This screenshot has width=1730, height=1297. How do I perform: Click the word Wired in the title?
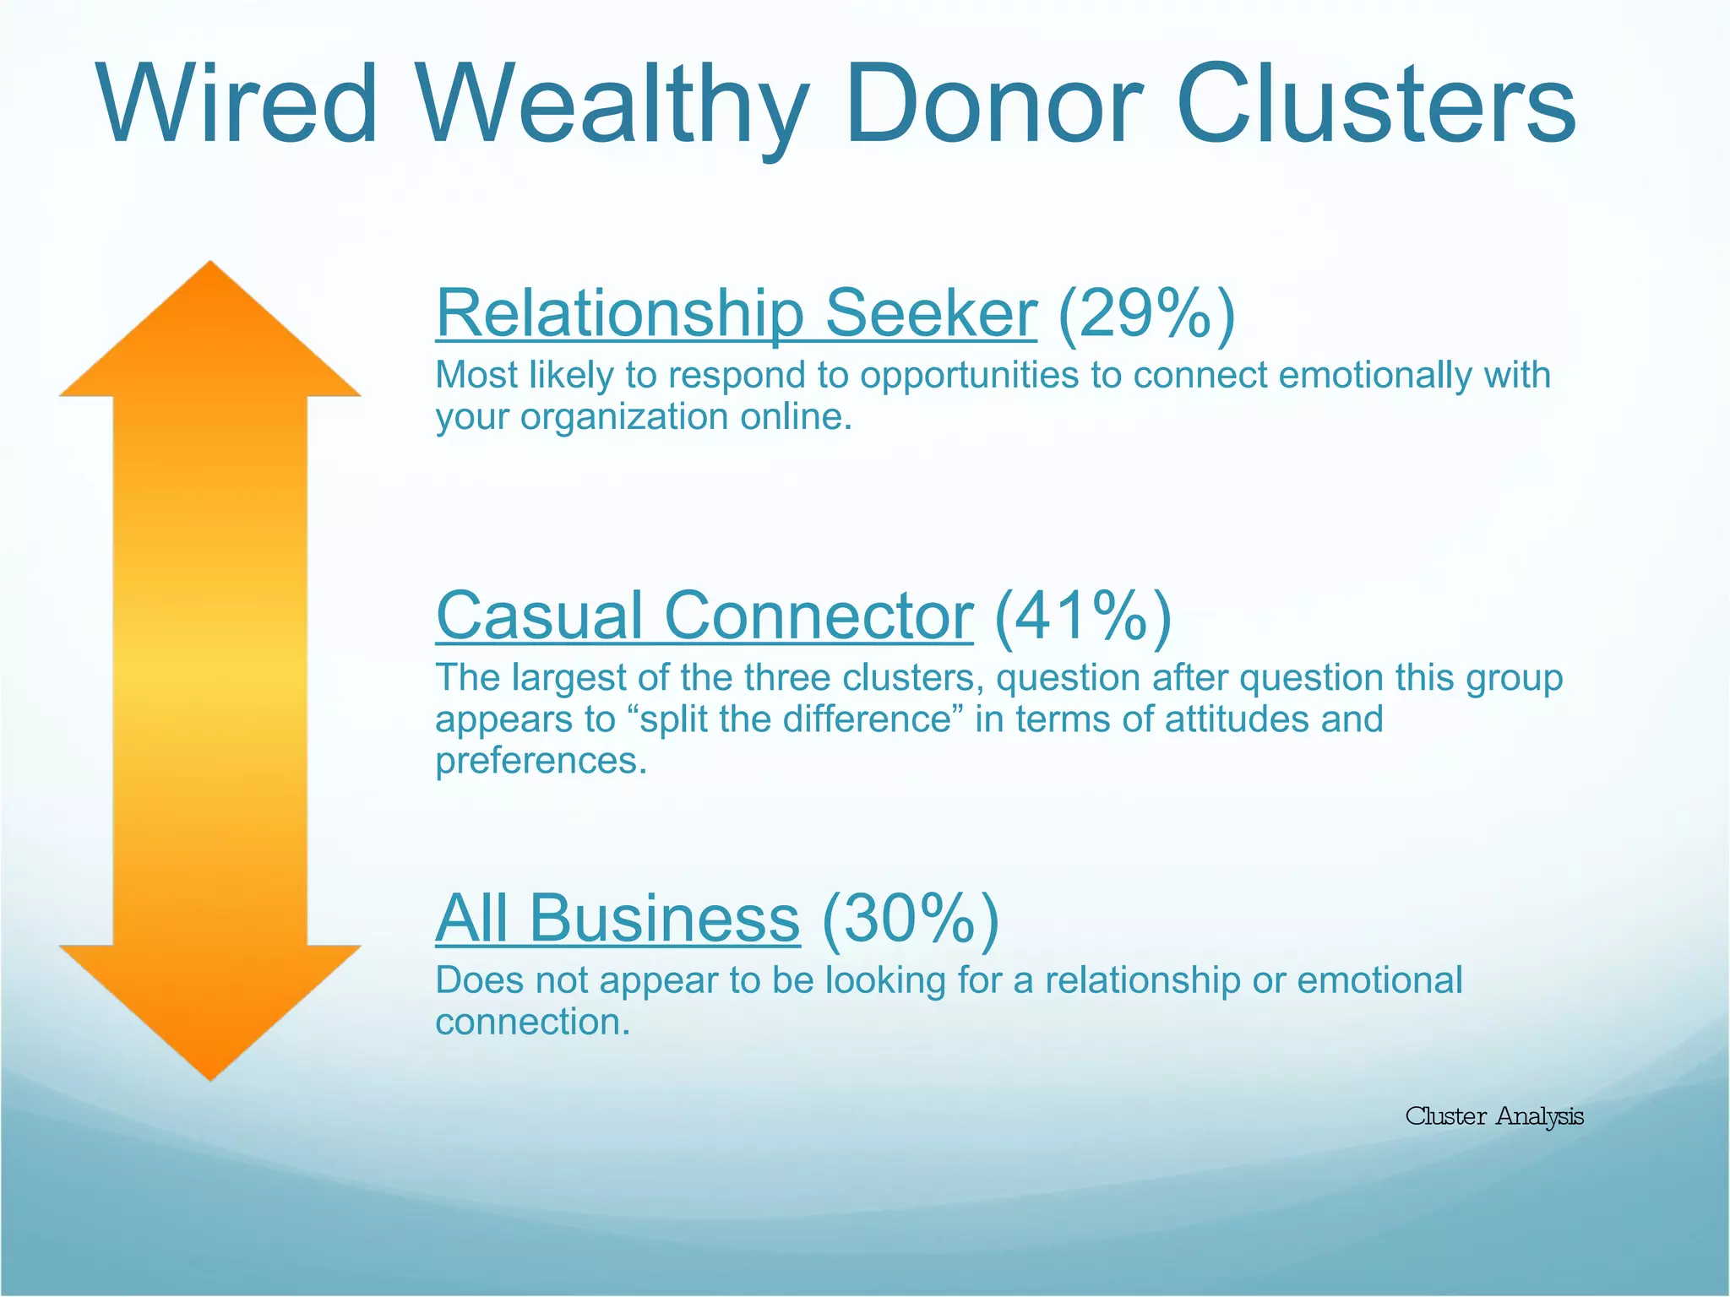pos(237,106)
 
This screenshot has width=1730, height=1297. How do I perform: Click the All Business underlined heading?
pos(617,919)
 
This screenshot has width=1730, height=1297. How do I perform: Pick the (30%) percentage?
pos(910,919)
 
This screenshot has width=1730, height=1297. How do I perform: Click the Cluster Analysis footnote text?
pos(1493,1116)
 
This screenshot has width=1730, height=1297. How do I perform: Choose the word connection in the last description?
pos(532,1023)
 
